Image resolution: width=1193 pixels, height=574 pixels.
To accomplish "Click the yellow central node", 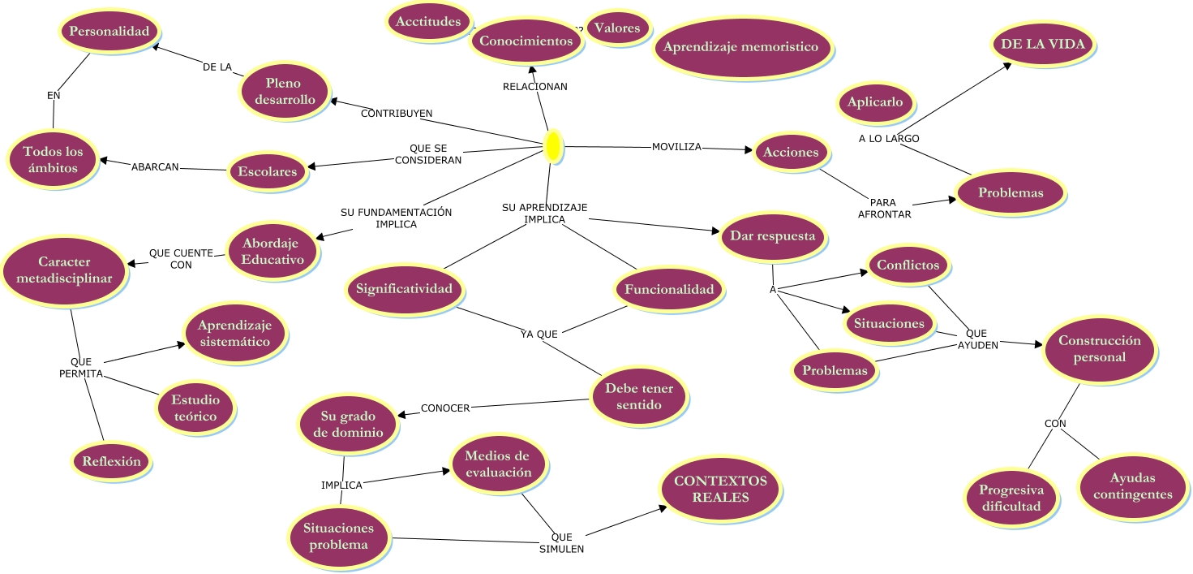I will coord(553,145).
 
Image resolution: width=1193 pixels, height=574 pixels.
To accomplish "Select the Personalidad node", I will coord(109,32).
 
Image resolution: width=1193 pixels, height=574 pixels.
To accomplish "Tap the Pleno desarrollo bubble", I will coord(282,91).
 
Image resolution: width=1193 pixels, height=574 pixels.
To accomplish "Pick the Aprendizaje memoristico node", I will coord(741,47).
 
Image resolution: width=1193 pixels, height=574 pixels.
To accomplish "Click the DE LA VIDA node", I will coord(1042,45).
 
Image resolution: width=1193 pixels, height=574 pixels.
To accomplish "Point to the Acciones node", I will coord(791,152).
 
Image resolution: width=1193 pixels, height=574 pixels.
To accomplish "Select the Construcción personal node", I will coord(1099,349).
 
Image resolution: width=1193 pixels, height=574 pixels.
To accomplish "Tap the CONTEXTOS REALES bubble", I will coord(720,489).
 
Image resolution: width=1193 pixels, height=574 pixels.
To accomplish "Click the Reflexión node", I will coord(111,462).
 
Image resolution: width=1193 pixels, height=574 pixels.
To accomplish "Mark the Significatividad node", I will coord(404,289).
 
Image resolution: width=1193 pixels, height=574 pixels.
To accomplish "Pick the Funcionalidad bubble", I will coord(668,290).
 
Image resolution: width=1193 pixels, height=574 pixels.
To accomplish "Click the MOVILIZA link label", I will coord(676,147).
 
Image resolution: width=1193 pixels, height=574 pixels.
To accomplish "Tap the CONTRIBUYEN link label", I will coord(396,113).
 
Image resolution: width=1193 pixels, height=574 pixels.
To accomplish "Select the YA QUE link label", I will coord(539,334).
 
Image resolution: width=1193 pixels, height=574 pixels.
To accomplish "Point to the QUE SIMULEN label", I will coord(561,542).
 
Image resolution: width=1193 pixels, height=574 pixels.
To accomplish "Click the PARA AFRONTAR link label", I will coord(885,208).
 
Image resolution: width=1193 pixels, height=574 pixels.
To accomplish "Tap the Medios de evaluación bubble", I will coord(497,464).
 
